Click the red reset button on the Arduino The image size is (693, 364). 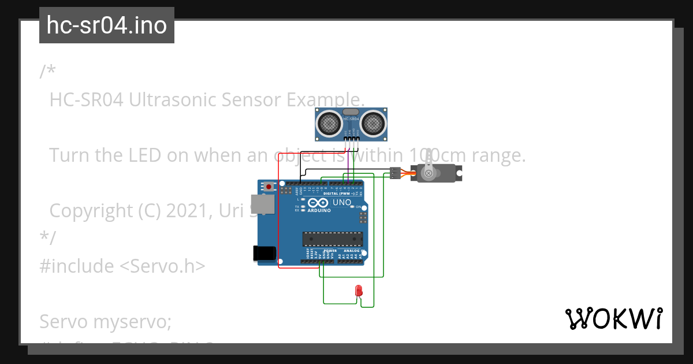[x=269, y=187]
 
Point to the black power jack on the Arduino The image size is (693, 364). [x=264, y=254]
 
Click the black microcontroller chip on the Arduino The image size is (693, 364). [x=333, y=239]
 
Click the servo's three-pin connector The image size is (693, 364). [x=395, y=172]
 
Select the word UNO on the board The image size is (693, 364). [x=342, y=203]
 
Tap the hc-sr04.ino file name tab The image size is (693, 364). [x=107, y=25]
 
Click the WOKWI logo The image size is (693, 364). [x=613, y=318]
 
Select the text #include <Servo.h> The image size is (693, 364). [x=122, y=266]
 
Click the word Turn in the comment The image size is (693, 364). [x=69, y=155]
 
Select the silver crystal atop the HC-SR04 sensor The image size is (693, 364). [x=351, y=112]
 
